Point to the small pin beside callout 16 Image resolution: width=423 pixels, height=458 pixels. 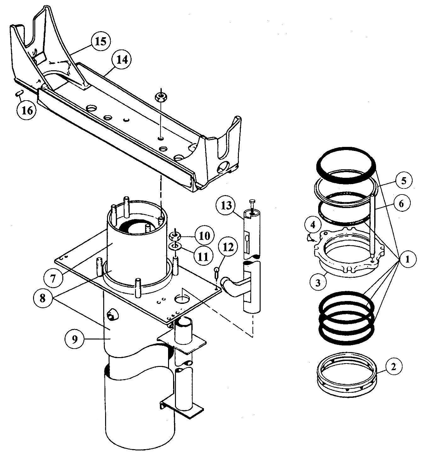pos(19,93)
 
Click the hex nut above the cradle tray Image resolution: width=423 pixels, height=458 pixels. pos(161,97)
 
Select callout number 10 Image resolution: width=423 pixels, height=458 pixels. pos(203,235)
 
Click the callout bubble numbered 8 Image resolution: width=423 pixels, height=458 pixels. pos(43,298)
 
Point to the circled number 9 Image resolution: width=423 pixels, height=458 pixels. pos(74,339)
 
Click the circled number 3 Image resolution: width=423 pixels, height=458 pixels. pos(318,282)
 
